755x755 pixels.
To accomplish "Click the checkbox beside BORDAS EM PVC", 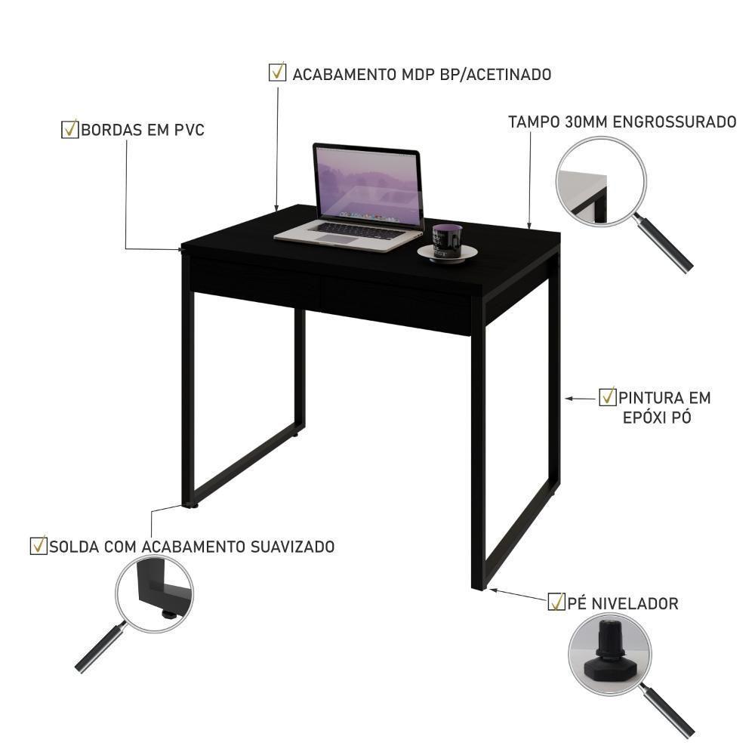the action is click(69, 130).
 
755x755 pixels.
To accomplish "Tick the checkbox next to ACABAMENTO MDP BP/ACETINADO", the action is click(277, 72).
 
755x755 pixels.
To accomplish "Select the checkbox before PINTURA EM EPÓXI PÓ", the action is click(608, 397).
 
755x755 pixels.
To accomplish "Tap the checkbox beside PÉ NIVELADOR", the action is click(556, 602).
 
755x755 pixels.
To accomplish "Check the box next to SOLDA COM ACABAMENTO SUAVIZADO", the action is click(39, 546).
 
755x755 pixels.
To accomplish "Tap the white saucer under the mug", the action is click(447, 253).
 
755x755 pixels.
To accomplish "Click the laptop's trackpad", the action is click(337, 239).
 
